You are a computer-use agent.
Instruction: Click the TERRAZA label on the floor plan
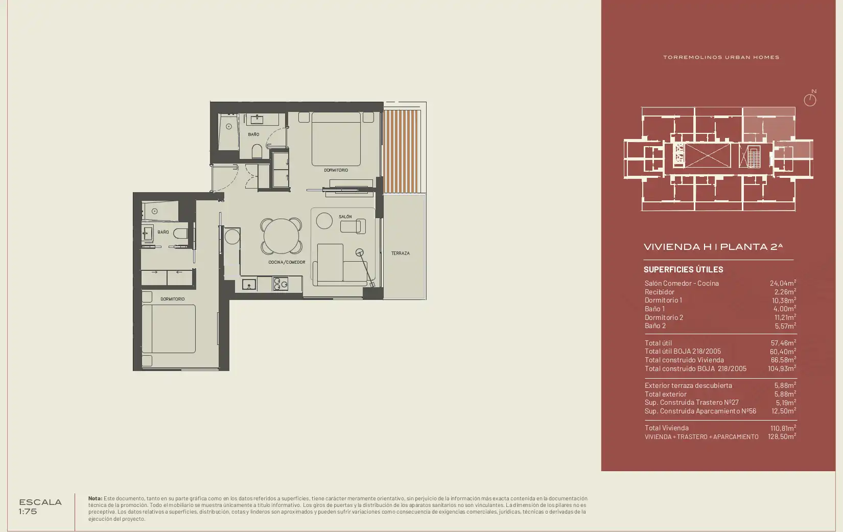click(400, 253)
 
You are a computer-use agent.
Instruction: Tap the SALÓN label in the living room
click(345, 217)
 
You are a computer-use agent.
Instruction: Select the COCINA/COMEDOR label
click(287, 262)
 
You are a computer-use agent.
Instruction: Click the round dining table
click(281, 236)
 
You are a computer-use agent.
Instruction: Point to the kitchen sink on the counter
click(249, 285)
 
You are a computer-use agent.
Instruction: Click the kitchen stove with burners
click(280, 284)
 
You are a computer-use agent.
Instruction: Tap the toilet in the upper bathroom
click(256, 151)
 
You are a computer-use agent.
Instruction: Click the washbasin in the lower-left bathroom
click(148, 234)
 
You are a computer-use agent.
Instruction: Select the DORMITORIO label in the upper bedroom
click(336, 170)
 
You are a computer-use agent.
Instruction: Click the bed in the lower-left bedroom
click(169, 329)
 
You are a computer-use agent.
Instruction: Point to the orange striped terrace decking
click(402, 151)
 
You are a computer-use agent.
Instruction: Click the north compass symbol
click(810, 99)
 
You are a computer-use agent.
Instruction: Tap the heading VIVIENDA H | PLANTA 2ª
click(713, 247)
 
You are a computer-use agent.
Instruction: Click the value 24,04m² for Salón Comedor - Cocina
click(783, 283)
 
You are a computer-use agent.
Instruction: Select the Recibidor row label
click(660, 292)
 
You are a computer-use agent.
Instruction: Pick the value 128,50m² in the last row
click(782, 436)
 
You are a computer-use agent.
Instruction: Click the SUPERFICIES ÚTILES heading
click(684, 269)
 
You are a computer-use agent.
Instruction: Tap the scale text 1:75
click(28, 512)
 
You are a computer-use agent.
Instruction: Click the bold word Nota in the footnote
click(95, 498)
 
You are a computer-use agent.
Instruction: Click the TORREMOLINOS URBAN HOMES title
click(721, 57)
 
